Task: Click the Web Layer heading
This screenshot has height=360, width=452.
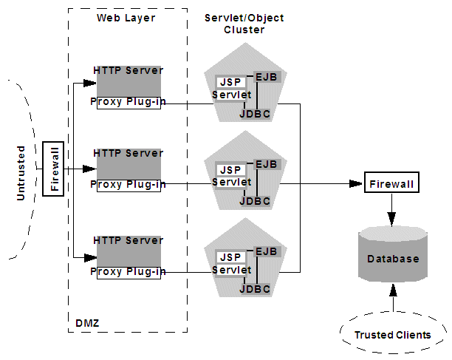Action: [126, 17]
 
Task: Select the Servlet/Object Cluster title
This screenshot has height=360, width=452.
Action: [244, 24]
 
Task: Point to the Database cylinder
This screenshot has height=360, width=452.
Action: [393, 259]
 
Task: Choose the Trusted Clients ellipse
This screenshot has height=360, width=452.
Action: [392, 335]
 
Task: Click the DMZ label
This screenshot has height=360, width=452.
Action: [87, 323]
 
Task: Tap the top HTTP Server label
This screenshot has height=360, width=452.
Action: [128, 70]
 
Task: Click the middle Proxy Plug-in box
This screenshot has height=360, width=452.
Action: [126, 184]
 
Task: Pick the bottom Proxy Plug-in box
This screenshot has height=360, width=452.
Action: [126, 271]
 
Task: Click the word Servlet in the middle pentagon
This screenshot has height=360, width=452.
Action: [230, 182]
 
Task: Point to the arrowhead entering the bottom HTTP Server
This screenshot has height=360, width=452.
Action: [92, 257]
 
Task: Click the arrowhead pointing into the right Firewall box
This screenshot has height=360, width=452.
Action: [359, 183]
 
